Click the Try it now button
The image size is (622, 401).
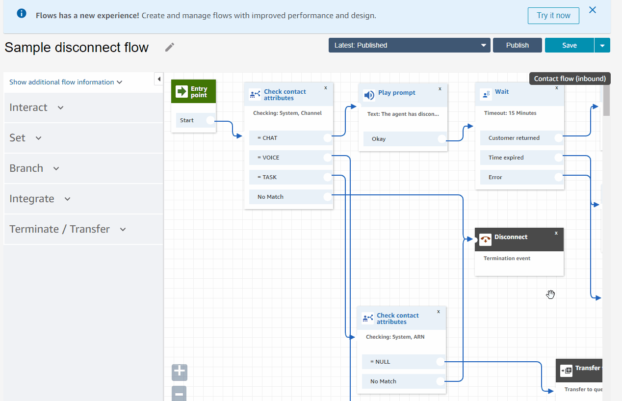(x=553, y=16)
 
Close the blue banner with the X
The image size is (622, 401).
(x=593, y=10)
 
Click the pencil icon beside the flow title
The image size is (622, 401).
(x=170, y=47)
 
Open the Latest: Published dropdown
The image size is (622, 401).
(x=410, y=45)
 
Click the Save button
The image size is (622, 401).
(x=569, y=45)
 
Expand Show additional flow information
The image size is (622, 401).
(x=66, y=82)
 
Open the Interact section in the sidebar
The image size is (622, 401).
(x=36, y=107)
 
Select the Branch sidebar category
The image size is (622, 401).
(x=34, y=168)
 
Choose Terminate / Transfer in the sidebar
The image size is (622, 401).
(x=67, y=229)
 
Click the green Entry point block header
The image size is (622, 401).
(x=193, y=92)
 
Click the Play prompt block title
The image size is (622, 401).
(x=396, y=93)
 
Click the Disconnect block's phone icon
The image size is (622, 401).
(x=485, y=240)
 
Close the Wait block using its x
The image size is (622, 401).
(x=556, y=88)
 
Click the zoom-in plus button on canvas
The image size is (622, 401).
(x=180, y=373)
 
